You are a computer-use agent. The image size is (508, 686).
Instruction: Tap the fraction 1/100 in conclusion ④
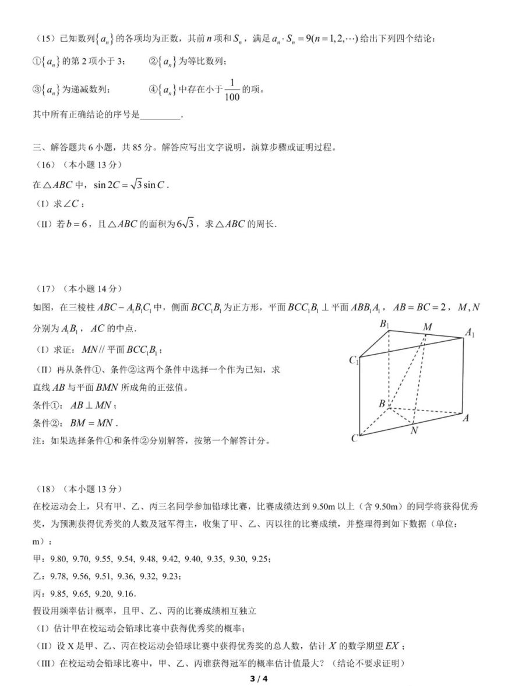pyautogui.click(x=233, y=89)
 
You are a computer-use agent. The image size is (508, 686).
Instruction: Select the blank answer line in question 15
pyautogui.click(x=161, y=115)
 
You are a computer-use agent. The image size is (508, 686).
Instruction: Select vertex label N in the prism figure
pyautogui.click(x=414, y=431)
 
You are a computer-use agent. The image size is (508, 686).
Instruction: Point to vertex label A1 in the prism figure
pyautogui.click(x=470, y=333)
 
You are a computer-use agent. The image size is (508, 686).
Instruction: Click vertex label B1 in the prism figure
pyautogui.click(x=385, y=324)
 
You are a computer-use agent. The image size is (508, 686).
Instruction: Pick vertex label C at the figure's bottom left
pyautogui.click(x=354, y=439)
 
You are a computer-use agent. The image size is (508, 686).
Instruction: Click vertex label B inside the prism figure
pyautogui.click(x=382, y=404)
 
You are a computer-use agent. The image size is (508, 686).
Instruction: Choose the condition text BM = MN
pyautogui.click(x=93, y=423)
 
